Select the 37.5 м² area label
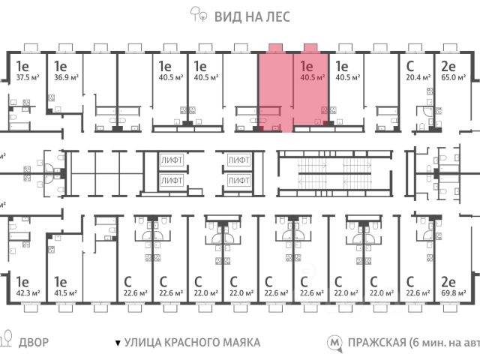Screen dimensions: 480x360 pyautogui.click(x=28, y=76)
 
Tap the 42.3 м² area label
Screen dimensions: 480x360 pyautogui.click(x=28, y=293)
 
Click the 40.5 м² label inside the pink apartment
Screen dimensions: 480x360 pyautogui.click(x=310, y=76)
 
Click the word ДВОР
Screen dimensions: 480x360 pyautogui.click(x=32, y=343)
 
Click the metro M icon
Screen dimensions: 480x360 pyautogui.click(x=334, y=343)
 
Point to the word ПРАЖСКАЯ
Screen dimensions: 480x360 pyautogui.click(x=377, y=343)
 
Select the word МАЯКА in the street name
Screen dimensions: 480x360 pyautogui.click(x=239, y=343)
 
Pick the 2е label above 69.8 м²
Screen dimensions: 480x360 pyautogui.click(x=449, y=281)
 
